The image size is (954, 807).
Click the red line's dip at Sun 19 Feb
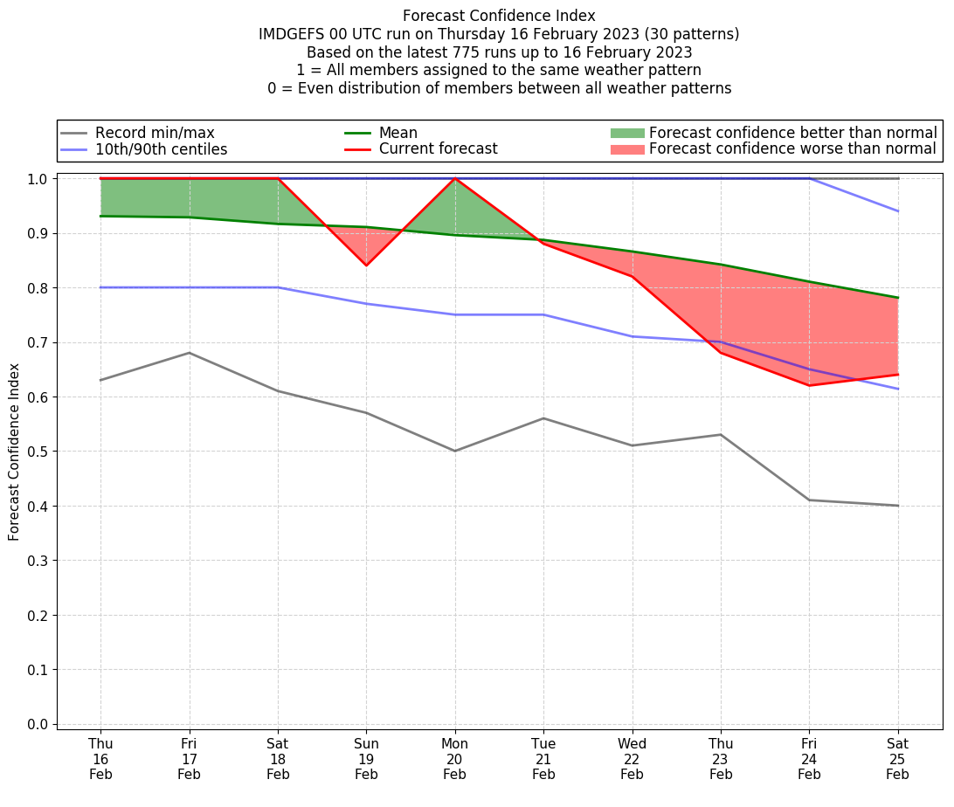tap(366, 265)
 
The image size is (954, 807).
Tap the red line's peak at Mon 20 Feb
tap(455, 178)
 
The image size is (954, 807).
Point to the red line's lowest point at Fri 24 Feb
tap(809, 385)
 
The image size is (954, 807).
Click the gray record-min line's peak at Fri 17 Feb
tap(190, 353)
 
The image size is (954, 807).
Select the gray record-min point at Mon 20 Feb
tap(455, 451)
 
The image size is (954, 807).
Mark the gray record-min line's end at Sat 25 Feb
tap(898, 506)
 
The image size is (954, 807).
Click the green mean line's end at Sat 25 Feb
tap(898, 298)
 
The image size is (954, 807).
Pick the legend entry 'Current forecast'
tap(438, 149)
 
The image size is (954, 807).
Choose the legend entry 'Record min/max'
tap(154, 133)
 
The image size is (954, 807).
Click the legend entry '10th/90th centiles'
tap(161, 149)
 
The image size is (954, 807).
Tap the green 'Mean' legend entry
tap(397, 133)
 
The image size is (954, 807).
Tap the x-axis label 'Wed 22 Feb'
tap(632, 758)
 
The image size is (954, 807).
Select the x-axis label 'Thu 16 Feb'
tap(100, 758)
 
